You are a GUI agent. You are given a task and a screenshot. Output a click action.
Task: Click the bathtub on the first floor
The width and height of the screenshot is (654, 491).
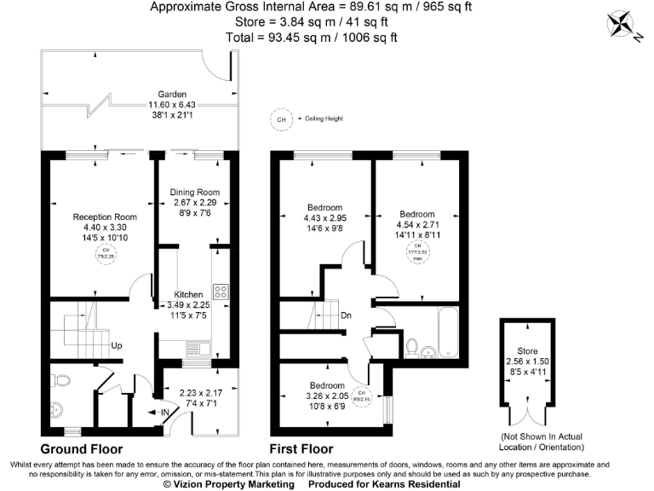tap(449, 336)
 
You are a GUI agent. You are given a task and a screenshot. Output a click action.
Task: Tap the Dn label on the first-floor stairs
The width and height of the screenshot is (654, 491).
tap(347, 315)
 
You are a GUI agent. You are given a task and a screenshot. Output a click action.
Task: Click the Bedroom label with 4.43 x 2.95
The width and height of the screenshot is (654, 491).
tap(324, 207)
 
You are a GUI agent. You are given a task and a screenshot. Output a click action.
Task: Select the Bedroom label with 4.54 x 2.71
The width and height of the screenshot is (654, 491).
tap(417, 214)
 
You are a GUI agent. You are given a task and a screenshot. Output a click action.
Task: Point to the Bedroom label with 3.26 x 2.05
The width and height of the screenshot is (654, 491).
tap(327, 384)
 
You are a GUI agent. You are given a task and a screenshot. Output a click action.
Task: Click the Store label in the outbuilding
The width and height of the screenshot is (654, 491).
tap(527, 350)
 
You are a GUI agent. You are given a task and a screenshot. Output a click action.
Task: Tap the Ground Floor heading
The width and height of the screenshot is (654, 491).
tap(82, 448)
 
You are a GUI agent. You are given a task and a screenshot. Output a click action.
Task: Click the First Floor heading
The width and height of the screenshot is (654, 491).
tap(301, 448)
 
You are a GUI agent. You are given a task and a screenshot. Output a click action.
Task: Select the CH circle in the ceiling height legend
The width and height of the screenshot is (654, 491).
tap(280, 119)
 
